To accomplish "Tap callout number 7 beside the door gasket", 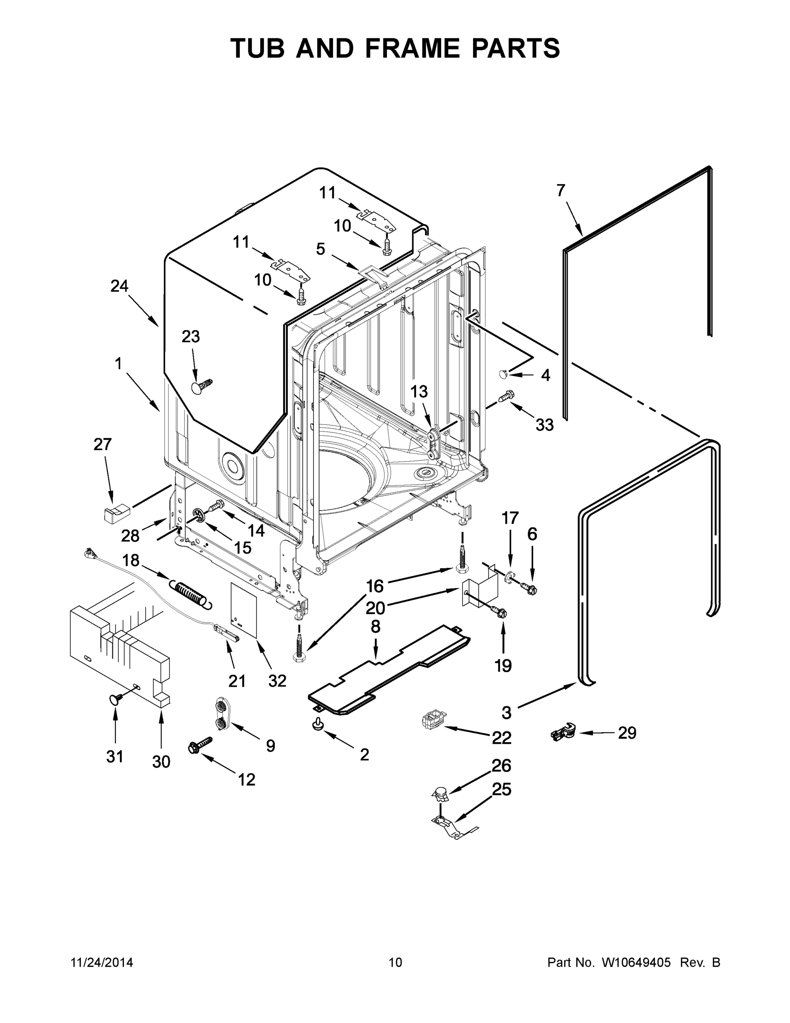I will coord(561,191).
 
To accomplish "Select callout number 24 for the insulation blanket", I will coord(119,286).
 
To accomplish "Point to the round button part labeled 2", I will coord(318,724).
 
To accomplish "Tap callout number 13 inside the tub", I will coord(419,391).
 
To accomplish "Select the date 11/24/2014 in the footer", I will coord(101,962).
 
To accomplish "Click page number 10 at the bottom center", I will coord(395,962).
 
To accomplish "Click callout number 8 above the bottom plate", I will coord(375,627).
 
